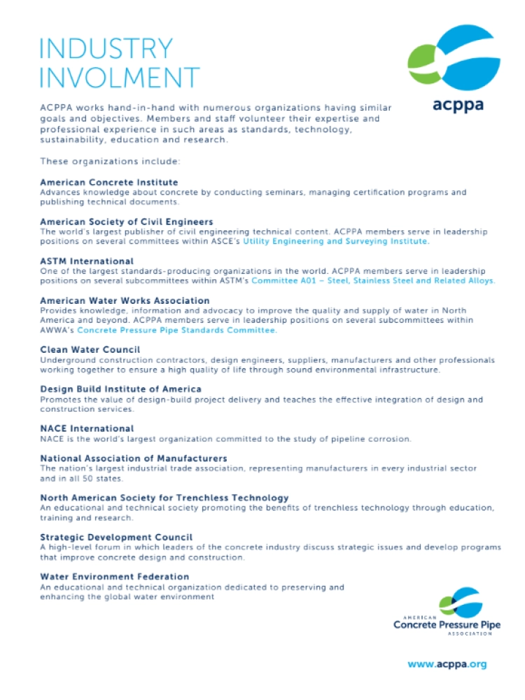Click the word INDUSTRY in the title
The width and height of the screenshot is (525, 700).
coord(106,48)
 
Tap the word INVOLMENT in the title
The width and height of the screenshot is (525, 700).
coord(120,77)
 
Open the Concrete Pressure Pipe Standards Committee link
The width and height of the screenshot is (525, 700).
coord(177,330)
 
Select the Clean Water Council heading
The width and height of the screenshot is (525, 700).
coord(90,349)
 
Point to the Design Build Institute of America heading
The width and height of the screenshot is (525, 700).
coord(121,388)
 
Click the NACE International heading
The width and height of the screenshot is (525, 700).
coord(87,428)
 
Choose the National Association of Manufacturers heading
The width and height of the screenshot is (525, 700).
coord(134,458)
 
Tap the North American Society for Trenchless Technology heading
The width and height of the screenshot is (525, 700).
coord(164,498)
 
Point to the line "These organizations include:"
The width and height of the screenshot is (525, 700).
coord(110,162)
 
